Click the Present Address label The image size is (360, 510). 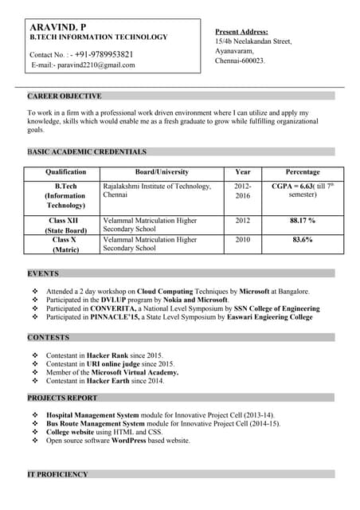pos(241,30)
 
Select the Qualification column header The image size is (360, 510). pos(65,171)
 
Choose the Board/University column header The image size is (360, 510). pos(162,171)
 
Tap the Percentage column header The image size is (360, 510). pos(302,171)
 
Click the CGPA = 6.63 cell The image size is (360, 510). pos(292,186)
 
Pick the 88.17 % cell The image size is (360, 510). pos(302,220)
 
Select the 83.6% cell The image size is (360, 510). pos(302,239)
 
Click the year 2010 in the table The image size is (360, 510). pos(242,239)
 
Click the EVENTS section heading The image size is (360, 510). pos(43,273)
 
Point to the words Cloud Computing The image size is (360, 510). pos(163,292)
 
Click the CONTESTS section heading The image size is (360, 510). pos(49,337)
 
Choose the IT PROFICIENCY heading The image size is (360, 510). pos(58,474)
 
